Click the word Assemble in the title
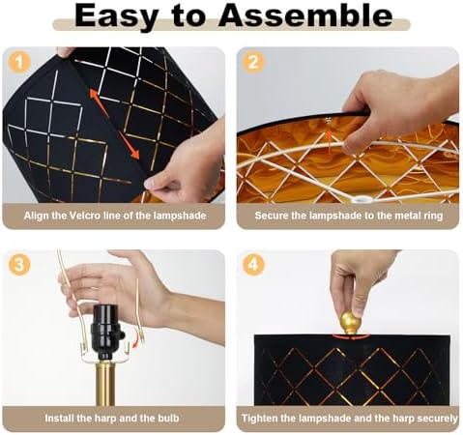pos(305,15)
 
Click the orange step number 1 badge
pos(19,62)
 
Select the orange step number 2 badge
pos(253,62)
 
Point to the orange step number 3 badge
pos(19,265)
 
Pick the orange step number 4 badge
pos(253,265)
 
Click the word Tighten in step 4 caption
pos(259,419)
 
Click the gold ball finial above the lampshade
pos(350,322)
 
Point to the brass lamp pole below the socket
pos(105,383)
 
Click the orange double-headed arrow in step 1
pos(114,124)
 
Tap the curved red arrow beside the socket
pos(138,340)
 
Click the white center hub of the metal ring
pos(360,199)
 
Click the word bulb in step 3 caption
pos(168,419)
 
